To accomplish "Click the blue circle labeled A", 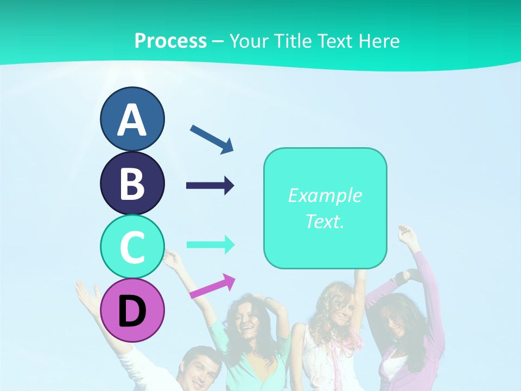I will point(132,119).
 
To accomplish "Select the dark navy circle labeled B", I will point(132,183).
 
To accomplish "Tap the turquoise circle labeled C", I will point(132,247).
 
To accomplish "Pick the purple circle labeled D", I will point(132,310).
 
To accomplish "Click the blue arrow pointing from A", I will point(212,138).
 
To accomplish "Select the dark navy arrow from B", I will point(210,186).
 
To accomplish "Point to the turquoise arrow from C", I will point(210,244).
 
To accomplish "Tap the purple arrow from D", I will point(212,286).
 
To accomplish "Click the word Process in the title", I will point(170,41).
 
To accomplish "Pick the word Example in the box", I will point(325,195).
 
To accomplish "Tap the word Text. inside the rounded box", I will point(325,222).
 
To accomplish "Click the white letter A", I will point(132,120).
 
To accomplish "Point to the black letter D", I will point(132,312).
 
